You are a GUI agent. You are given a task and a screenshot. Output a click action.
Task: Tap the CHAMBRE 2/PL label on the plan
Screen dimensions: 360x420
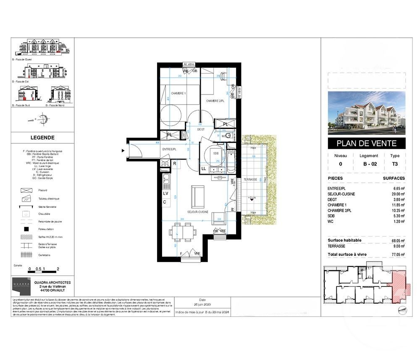click(215, 101)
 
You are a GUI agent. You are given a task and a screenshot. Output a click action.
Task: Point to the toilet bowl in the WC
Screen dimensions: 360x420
click(227, 136)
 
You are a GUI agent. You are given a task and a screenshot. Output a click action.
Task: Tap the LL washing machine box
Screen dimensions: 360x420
click(204, 168)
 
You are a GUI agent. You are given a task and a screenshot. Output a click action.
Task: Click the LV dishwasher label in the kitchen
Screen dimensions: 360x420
click(166, 194)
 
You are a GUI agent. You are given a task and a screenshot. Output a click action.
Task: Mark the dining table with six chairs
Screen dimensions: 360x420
click(183, 232)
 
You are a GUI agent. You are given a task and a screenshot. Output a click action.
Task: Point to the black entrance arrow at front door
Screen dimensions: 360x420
click(123, 150)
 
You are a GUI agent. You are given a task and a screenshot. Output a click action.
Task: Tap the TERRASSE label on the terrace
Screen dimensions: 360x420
click(251, 179)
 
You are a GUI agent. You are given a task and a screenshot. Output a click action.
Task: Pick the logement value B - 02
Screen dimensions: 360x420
click(368, 164)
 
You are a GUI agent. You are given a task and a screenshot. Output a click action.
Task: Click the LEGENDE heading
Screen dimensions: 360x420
click(42, 137)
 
